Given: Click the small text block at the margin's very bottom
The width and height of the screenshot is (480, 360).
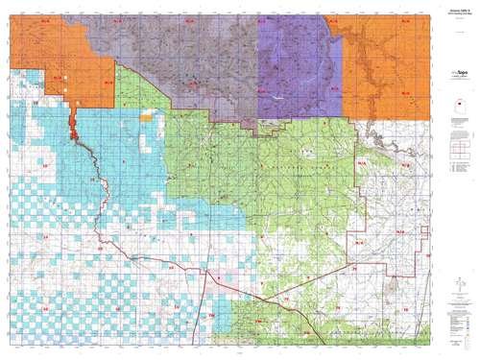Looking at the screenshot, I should tap(449, 348).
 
